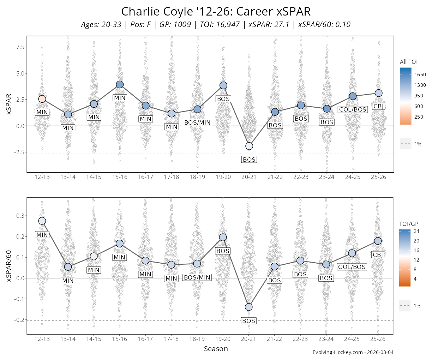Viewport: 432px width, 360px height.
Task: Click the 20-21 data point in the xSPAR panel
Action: [249, 146]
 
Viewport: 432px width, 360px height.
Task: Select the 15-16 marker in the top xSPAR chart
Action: [120, 84]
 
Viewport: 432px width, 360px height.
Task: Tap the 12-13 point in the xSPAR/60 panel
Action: [42, 221]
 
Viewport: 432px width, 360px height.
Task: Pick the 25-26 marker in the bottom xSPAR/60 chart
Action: [378, 241]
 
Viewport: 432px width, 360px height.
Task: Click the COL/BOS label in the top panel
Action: [353, 109]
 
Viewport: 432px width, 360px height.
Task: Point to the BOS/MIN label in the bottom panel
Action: [197, 277]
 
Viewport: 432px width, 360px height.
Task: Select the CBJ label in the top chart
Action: [378, 106]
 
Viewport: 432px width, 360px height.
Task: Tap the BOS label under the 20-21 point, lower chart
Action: [248, 321]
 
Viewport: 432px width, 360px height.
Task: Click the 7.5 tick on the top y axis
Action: [20, 47]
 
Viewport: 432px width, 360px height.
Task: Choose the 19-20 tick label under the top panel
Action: [223, 177]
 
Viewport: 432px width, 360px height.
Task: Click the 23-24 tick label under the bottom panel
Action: [326, 339]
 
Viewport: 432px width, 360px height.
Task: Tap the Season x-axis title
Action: [216, 349]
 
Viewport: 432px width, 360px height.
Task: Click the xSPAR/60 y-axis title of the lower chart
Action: [10, 266]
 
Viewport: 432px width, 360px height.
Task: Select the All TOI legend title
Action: [409, 62]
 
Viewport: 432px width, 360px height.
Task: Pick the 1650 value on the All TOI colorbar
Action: [420, 74]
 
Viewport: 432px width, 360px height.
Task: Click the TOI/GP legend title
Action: [409, 224]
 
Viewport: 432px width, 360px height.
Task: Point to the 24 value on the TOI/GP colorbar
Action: [416, 232]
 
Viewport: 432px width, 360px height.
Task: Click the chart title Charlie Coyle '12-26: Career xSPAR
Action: [216, 12]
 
